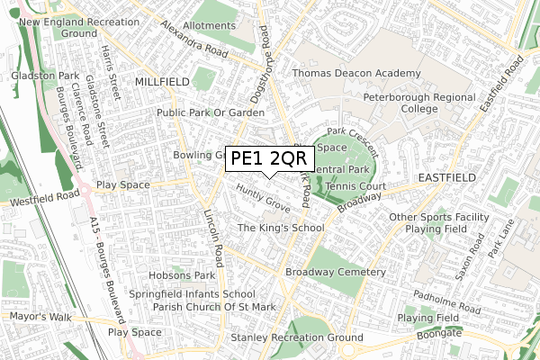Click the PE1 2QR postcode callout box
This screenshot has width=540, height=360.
269,159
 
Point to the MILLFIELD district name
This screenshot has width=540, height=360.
162,82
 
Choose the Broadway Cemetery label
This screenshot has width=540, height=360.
335,272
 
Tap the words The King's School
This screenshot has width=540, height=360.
280,229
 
